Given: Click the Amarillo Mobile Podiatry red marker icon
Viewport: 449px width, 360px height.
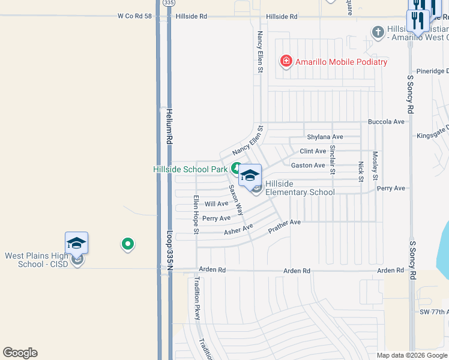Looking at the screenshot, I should click(286, 61).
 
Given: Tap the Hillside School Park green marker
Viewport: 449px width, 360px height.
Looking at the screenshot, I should click(237, 169).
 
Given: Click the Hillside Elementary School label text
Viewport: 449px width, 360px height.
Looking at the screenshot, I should click(300, 188).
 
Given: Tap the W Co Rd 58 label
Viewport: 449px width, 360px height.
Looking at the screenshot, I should click(134, 17).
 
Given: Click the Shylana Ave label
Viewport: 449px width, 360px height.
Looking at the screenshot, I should click(325, 137).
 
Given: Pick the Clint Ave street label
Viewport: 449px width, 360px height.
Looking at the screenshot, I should click(313, 151).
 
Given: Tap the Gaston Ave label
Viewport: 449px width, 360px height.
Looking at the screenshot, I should click(308, 165).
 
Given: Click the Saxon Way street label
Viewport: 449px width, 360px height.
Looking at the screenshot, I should click(235, 199).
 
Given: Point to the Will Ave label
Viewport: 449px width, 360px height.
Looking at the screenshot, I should click(217, 204).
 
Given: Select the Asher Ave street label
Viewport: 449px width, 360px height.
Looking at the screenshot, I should click(238, 229).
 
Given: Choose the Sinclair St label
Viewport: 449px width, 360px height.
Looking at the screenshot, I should click(333, 159).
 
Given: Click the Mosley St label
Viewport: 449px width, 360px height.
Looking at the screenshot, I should click(375, 165).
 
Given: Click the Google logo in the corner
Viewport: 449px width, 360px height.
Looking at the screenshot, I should click(20, 353).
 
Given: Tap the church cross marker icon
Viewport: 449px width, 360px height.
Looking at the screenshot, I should click(378, 31).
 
